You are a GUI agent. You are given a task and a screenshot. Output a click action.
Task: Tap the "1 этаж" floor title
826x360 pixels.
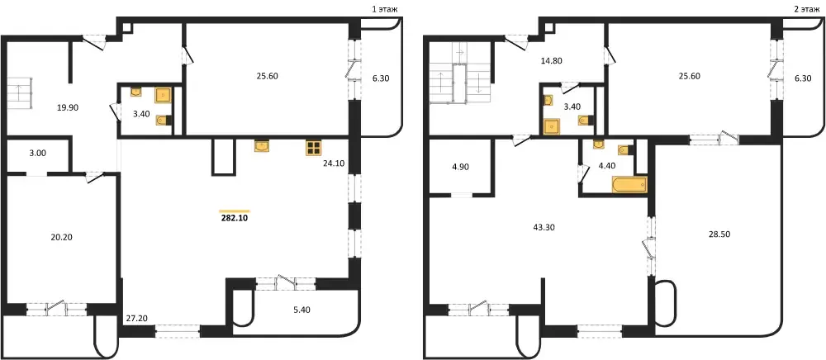(x=383, y=9)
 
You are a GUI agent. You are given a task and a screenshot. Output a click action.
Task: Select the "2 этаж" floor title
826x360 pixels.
(x=804, y=9)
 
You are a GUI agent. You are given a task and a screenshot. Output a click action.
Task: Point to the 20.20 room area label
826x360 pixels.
(x=61, y=237)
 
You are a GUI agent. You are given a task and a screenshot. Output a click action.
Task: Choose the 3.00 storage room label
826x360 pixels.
(x=37, y=154)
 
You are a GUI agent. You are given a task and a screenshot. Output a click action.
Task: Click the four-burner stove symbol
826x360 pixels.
(x=313, y=148)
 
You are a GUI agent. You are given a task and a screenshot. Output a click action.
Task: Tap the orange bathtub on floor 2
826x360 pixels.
(x=629, y=185)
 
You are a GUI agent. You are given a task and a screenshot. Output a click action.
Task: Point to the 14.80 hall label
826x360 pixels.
(x=552, y=60)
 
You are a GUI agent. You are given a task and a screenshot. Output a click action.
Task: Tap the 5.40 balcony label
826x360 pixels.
(x=301, y=310)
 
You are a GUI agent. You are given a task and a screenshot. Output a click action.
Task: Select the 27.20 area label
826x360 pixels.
(x=136, y=318)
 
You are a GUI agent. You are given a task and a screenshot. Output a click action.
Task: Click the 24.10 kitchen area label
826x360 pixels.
(x=334, y=163)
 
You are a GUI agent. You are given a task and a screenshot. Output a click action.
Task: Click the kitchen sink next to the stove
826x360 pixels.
(x=262, y=146)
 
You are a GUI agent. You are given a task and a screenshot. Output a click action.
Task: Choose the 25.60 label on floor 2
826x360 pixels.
(x=689, y=76)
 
